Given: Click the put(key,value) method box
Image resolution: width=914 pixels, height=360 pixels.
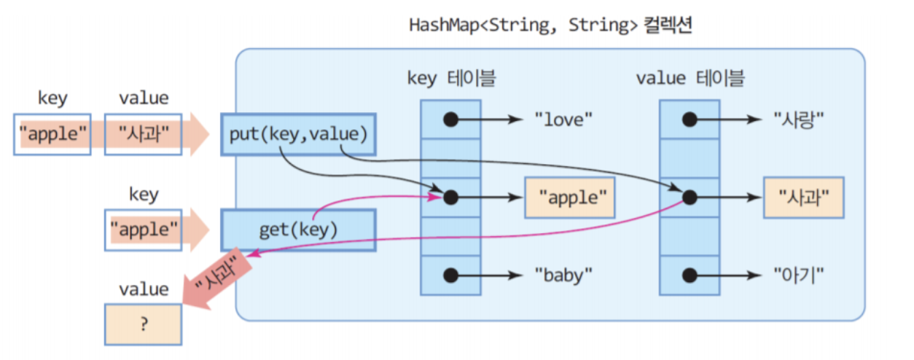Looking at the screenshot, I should tap(298, 134).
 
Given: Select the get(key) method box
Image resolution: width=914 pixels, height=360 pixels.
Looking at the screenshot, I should tap(298, 230).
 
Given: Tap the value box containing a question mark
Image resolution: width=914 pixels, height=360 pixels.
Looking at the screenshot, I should tap(143, 324).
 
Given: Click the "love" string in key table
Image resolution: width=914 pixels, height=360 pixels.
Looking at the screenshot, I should tap(560, 119).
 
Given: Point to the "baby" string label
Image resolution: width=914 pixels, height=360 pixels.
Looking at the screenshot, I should tap(563, 275).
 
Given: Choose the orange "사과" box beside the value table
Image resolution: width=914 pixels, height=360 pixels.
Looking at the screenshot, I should tap(803, 197).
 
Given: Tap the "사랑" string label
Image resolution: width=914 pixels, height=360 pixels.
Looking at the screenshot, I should tap(797, 119).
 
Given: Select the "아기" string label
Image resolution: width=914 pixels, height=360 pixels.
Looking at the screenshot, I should tap(797, 275).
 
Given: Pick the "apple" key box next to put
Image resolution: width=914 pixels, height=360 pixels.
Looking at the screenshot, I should tap(52, 134).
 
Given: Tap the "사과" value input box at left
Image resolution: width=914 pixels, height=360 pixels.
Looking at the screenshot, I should tap(143, 134).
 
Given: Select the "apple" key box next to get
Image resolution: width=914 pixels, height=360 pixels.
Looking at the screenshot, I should tap(143, 230).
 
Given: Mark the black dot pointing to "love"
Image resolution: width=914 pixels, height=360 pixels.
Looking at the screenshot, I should tap(450, 119).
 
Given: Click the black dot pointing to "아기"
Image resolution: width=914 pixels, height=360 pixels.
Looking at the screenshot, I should tap(689, 275).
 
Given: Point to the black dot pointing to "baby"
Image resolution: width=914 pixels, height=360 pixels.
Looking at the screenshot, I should tap(450, 275).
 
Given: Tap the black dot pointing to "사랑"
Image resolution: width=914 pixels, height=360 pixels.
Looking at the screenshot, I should tap(689, 119).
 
